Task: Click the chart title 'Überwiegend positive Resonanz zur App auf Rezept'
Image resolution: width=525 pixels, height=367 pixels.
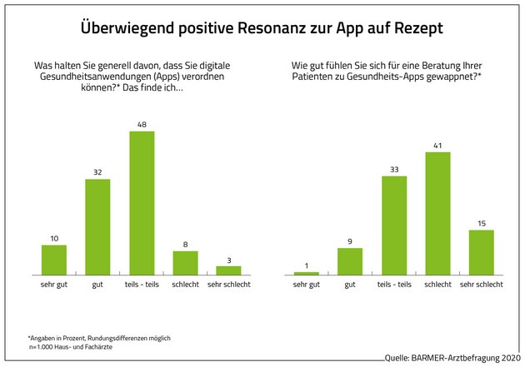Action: pyautogui.click(x=262, y=27)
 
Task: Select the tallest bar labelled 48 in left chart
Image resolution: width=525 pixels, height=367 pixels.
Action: pyautogui.click(x=142, y=202)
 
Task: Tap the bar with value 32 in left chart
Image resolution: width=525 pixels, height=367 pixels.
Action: pyautogui.click(x=97, y=226)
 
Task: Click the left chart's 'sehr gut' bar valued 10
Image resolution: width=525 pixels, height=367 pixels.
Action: pyautogui.click(x=54, y=260)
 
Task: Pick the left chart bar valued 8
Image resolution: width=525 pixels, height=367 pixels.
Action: pyautogui.click(x=185, y=262)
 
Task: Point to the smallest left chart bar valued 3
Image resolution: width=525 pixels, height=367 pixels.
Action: pyautogui.click(x=228, y=270)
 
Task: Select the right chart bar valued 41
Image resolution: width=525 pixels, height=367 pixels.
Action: pyautogui.click(x=437, y=213)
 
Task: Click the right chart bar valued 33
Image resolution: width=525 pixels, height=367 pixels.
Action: pyautogui.click(x=394, y=225)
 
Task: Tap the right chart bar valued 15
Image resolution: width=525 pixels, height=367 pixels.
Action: pyautogui.click(x=481, y=252)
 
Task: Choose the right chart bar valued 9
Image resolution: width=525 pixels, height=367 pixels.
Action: pyautogui.click(x=350, y=261)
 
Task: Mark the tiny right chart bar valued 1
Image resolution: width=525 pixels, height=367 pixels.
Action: pyautogui.click(x=307, y=273)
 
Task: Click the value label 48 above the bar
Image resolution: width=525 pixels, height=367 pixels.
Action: pyautogui.click(x=142, y=124)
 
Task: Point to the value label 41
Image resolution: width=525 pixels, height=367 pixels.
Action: pyautogui.click(x=437, y=145)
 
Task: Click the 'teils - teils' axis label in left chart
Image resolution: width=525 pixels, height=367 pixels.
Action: pyautogui.click(x=142, y=285)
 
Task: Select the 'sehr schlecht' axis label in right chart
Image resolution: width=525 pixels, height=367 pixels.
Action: pyautogui.click(x=481, y=285)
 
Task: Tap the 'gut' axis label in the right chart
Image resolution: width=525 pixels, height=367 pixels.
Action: pyautogui.click(x=350, y=285)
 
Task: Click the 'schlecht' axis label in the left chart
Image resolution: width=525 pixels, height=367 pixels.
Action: pyautogui.click(x=185, y=285)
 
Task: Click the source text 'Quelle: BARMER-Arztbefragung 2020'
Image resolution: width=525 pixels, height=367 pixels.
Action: pyautogui.click(x=452, y=358)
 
